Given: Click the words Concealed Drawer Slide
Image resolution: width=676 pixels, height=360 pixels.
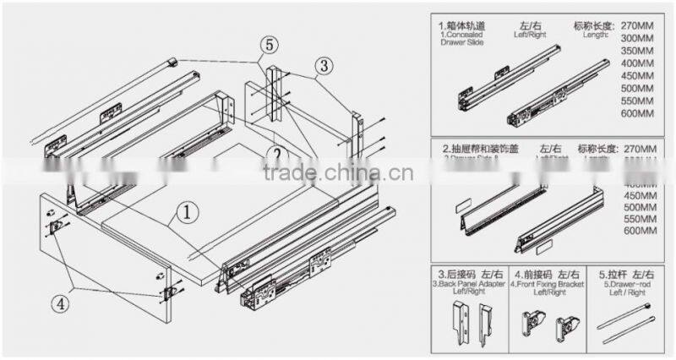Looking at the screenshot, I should coord(461,40).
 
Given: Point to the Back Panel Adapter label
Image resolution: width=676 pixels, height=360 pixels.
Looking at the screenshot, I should coord(461,284).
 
